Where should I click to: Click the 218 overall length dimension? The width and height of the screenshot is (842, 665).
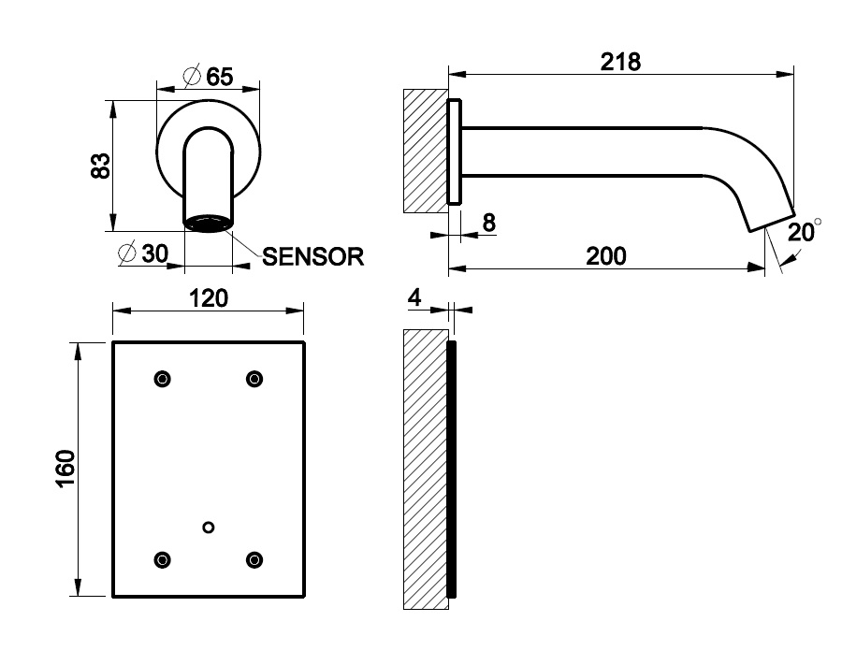pyautogui.click(x=620, y=62)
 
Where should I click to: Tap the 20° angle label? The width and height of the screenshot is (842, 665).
pyautogui.click(x=802, y=231)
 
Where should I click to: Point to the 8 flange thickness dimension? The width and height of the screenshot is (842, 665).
pyautogui.click(x=489, y=223)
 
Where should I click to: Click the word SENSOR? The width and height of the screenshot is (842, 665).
pyautogui.click(x=312, y=257)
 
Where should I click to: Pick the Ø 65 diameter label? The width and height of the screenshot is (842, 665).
pyautogui.click(x=208, y=77)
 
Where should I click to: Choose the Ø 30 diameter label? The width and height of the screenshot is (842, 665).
pyautogui.click(x=143, y=253)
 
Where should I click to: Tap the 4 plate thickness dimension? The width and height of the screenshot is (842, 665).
pyautogui.click(x=415, y=297)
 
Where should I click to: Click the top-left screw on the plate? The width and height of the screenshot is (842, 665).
pyautogui.click(x=163, y=379)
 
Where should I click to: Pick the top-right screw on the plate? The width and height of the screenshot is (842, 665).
pyautogui.click(x=254, y=379)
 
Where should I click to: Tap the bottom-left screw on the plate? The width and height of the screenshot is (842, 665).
pyautogui.click(x=163, y=559)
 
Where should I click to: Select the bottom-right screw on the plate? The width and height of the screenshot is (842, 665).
pyautogui.click(x=254, y=559)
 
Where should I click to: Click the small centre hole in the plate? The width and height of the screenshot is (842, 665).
pyautogui.click(x=209, y=528)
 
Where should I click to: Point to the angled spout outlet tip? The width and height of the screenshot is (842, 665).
pyautogui.click(x=769, y=217)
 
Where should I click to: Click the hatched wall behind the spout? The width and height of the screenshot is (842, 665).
pyautogui.click(x=425, y=150)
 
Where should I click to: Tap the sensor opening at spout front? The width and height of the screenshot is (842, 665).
pyautogui.click(x=208, y=223)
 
